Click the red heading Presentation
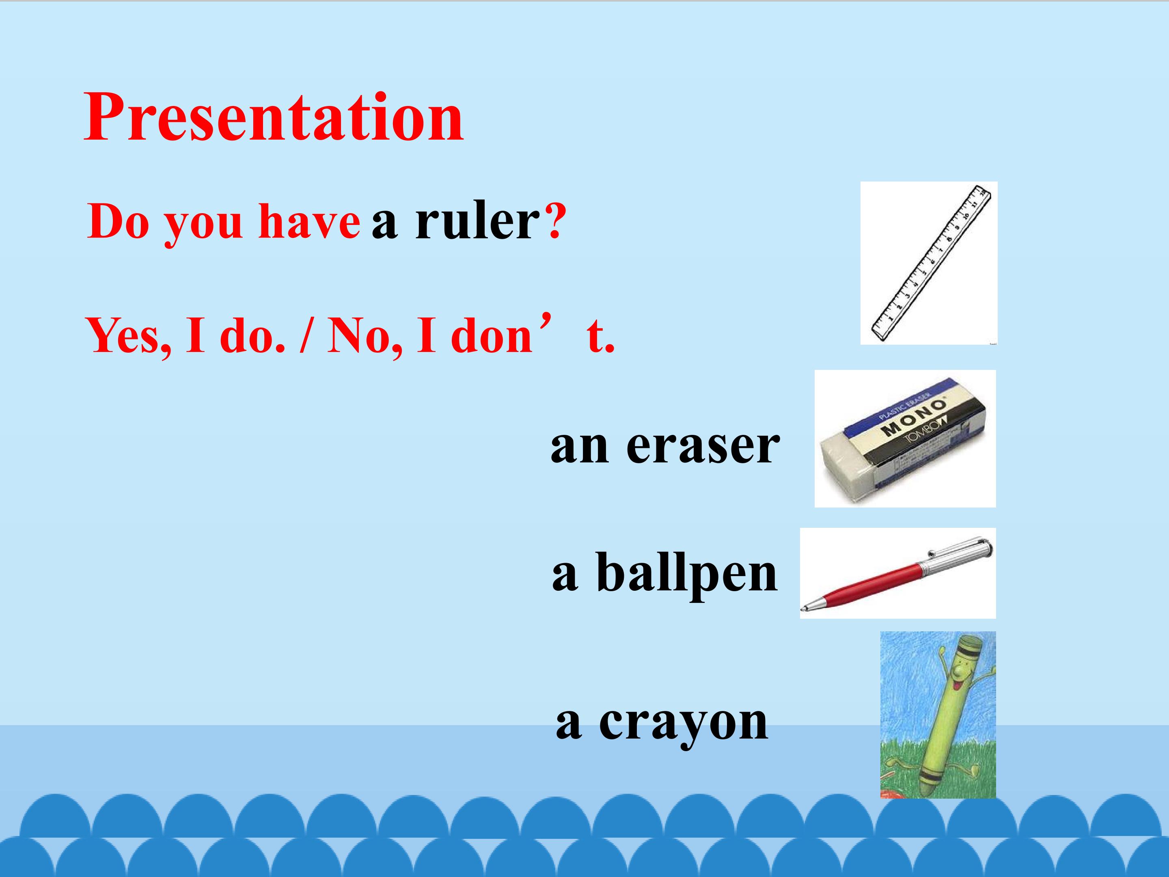tap(274, 117)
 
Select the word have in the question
tap(309, 222)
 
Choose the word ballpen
tap(687, 574)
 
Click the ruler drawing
tap(929, 262)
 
